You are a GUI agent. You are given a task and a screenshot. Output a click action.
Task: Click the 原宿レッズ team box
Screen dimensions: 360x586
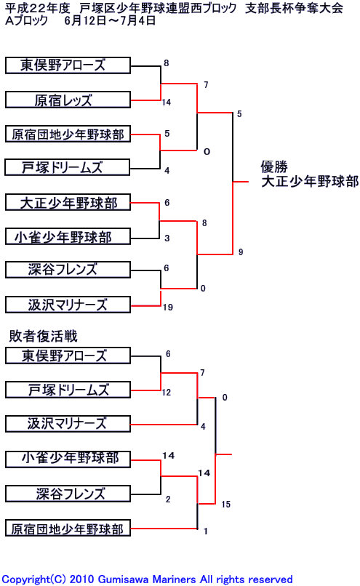68,100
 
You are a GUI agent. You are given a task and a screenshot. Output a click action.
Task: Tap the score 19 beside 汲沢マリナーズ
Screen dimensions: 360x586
168,308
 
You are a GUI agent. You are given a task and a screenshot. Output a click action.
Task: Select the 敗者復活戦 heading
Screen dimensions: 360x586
44,336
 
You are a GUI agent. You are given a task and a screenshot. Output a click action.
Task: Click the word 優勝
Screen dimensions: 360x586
274,166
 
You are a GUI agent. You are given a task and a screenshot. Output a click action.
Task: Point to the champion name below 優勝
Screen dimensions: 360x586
310,181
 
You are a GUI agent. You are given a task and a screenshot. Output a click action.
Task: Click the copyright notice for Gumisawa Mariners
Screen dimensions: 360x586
148,579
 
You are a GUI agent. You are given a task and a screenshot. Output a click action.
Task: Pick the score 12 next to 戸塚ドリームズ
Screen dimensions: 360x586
167,393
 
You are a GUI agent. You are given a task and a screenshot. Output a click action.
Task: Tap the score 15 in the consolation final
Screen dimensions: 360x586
225,504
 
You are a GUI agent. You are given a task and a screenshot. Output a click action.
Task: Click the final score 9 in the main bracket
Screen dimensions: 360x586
241,252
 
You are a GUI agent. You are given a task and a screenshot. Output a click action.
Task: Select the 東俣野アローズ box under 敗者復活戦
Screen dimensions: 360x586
68,356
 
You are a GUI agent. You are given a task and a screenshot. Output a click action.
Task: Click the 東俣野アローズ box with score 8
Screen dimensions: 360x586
68,65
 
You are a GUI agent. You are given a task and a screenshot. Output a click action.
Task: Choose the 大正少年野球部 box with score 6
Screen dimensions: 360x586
68,202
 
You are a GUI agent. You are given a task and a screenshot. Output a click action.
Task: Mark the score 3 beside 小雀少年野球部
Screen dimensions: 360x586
167,238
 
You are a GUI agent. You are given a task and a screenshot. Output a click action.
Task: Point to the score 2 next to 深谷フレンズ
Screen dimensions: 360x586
168,499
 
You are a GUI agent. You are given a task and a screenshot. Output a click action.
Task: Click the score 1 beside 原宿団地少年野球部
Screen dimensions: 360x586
206,531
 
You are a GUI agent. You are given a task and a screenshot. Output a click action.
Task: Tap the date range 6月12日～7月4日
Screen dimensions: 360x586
110,20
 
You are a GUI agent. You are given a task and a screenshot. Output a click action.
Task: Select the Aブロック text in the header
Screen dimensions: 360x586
26,20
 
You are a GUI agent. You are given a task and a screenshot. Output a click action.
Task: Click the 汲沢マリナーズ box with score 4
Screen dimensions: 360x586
68,424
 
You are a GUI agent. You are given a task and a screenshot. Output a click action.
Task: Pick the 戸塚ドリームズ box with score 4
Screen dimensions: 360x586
68,167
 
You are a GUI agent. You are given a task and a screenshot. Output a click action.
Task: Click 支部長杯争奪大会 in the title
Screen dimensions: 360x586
294,8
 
